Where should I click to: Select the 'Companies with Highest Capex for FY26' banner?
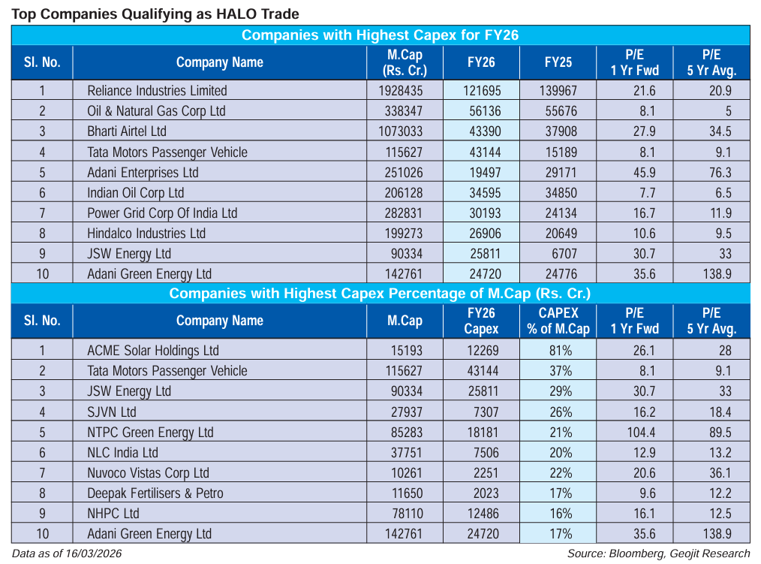(380, 35)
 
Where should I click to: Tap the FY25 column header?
(558, 62)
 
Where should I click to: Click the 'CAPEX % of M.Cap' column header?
(558, 321)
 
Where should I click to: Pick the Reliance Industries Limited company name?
(157, 90)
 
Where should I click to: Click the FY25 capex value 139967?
(558, 90)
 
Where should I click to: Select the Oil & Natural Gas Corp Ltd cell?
(156, 111)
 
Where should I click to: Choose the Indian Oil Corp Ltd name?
(135, 193)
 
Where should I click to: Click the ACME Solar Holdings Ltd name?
(152, 350)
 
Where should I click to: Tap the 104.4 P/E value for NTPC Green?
(635, 432)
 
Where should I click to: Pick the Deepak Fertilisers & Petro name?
(155, 493)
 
